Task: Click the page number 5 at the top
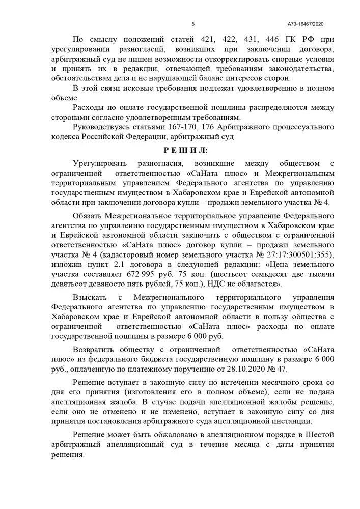tap(193, 24)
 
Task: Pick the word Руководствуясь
tap(101, 127)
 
